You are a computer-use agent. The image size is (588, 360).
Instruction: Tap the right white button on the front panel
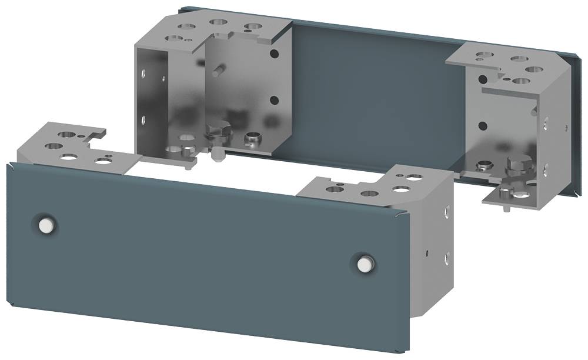[365, 263]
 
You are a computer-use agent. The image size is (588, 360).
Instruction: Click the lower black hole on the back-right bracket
[482, 125]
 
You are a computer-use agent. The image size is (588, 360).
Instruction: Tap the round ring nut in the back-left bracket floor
[253, 139]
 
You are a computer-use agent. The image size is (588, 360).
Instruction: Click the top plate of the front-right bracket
[376, 188]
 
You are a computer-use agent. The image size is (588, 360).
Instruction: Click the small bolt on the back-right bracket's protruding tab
[506, 191]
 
